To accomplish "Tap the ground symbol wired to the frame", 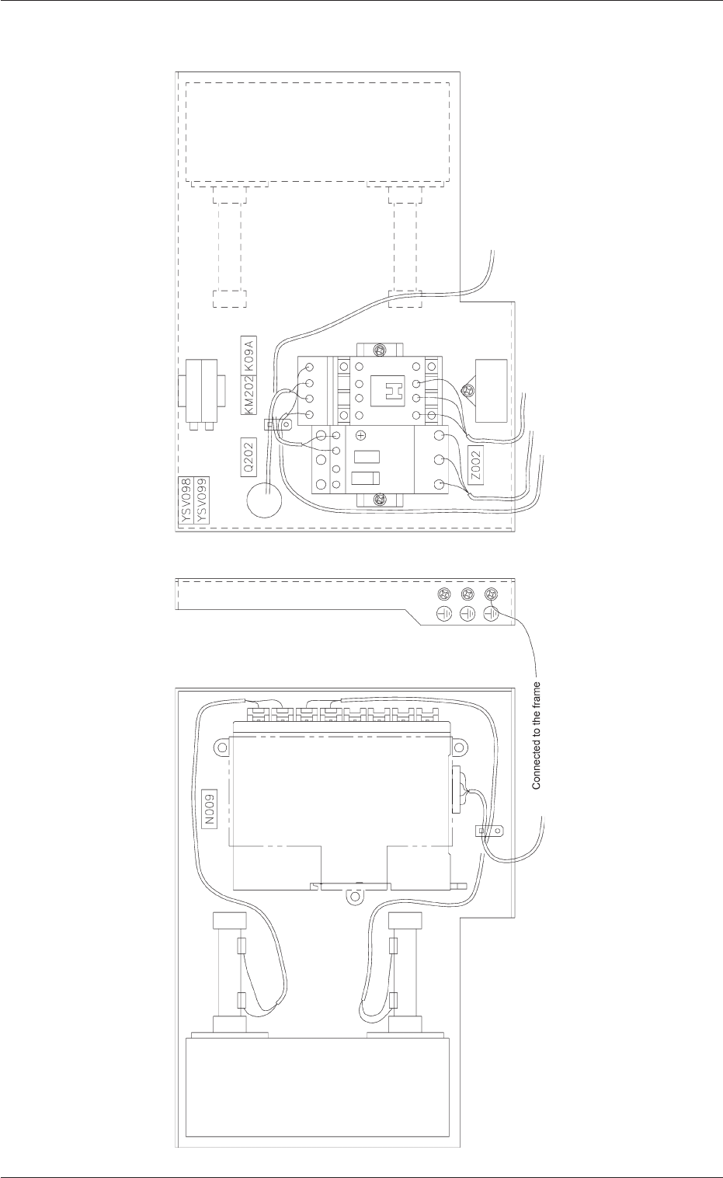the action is pos(490,614).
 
